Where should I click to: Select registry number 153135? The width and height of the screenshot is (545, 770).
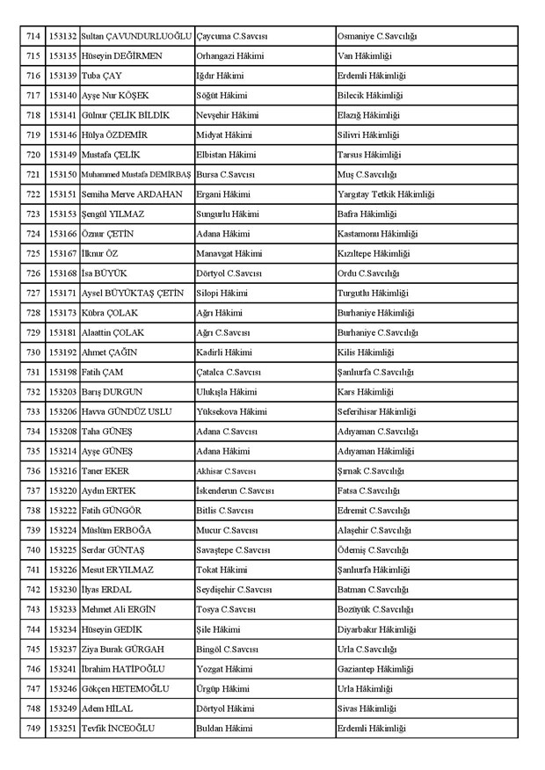click(62, 56)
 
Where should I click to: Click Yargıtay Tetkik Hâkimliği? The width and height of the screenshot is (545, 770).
click(385, 194)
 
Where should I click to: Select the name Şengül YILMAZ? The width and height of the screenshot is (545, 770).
click(113, 214)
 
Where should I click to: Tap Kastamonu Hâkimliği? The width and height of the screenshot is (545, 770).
click(377, 234)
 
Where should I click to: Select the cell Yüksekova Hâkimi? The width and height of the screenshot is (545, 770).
click(233, 411)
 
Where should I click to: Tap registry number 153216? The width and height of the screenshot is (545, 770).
click(62, 470)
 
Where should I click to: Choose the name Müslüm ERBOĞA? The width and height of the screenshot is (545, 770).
click(117, 530)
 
